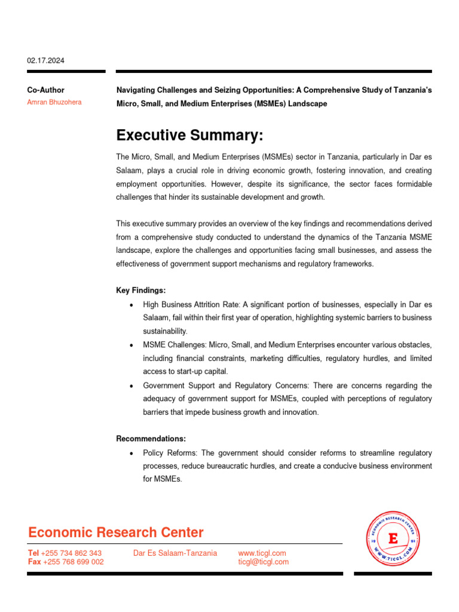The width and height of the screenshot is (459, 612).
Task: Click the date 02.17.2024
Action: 46,60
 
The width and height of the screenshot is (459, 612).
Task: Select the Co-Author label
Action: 45,90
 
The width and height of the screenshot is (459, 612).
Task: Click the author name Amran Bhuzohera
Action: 54,102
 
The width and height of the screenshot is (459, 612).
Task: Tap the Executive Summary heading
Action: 189,136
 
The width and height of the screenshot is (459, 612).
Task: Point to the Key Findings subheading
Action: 140,290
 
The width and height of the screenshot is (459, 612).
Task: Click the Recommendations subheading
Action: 151,439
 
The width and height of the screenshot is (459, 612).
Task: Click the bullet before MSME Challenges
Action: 131,345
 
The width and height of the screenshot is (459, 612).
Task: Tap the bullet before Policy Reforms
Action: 131,454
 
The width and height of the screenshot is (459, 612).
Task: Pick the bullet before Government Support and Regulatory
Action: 131,386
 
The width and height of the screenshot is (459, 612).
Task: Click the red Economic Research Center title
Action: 116,533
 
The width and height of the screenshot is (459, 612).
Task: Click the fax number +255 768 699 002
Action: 74,562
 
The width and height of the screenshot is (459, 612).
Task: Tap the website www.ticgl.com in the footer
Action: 262,553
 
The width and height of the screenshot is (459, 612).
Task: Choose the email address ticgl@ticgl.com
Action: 263,562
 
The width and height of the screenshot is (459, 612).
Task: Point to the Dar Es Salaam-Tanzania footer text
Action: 175,553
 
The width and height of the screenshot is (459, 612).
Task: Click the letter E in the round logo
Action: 393,539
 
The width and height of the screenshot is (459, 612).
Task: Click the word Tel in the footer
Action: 33,553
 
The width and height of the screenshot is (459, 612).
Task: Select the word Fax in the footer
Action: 35,562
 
